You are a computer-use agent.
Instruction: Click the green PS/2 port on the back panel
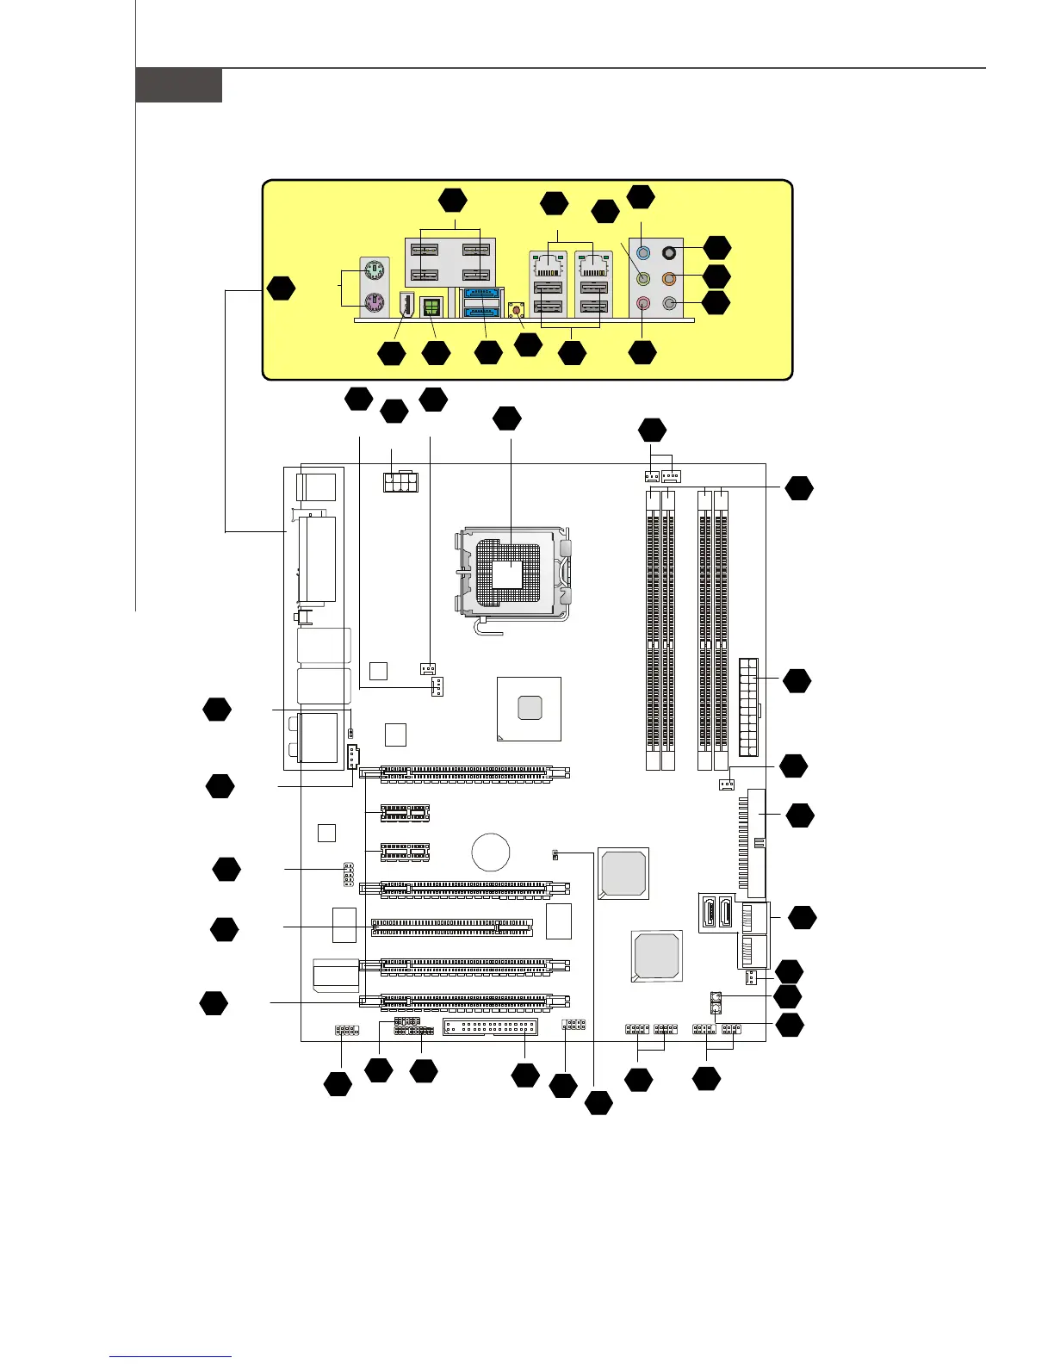coord(374,273)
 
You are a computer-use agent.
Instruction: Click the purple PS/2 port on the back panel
coord(374,303)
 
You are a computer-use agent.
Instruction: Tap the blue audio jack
coord(642,253)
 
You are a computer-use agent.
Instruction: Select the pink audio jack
coord(642,303)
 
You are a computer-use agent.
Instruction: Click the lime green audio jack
coord(642,278)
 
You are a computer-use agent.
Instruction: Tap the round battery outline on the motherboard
coord(491,852)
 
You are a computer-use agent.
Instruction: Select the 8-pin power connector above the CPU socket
coord(399,481)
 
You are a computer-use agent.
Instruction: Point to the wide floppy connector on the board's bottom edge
coord(490,1027)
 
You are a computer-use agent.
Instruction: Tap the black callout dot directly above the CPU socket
coord(507,418)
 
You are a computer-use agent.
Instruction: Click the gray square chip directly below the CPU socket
coord(530,708)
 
